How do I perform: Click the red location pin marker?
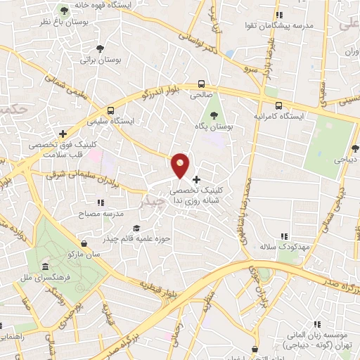181,165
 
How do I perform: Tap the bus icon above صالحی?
202,82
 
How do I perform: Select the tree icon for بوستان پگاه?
213,114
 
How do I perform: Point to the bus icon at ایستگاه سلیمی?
110,110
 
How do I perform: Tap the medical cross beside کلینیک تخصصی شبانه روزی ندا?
196,180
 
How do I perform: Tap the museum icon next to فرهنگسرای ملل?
46,267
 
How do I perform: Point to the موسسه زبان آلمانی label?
317,336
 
